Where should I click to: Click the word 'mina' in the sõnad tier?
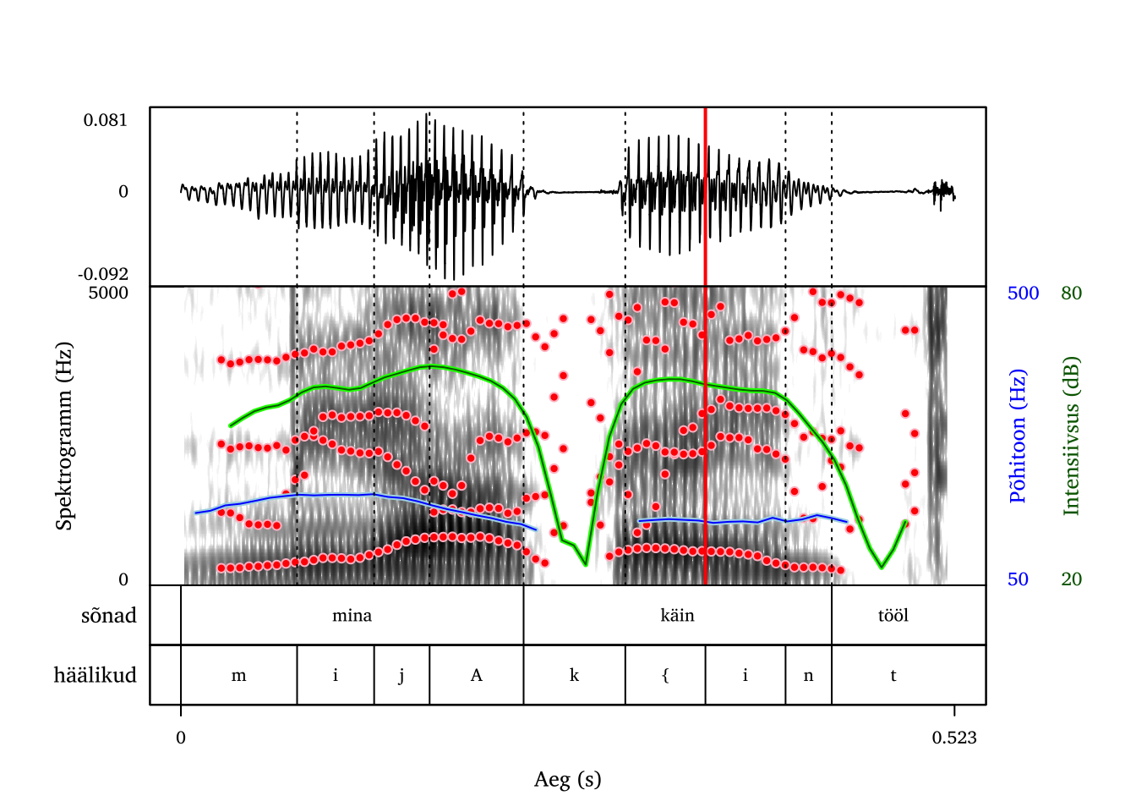tap(352, 616)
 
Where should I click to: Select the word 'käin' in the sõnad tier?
tap(677, 616)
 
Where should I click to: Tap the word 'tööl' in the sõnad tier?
tap(893, 616)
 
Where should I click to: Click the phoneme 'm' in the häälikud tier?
tap(238, 676)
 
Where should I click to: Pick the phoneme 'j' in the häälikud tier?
tap(401, 676)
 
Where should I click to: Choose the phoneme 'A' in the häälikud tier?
tap(476, 676)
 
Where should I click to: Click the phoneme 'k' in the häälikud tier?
tap(574, 676)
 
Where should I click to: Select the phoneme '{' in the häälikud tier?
tap(665, 676)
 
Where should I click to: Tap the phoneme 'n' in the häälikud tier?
tap(808, 676)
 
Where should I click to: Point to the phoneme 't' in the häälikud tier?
tap(893, 676)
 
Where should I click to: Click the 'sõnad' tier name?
tap(109, 616)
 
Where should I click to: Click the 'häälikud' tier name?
tap(95, 676)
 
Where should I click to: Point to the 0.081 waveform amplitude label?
tap(106, 120)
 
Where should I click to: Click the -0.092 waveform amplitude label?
tap(103, 274)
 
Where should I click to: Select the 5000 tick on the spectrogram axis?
tap(108, 294)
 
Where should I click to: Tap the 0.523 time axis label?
tap(954, 738)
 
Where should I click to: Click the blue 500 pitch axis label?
tap(1023, 294)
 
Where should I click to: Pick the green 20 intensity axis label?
tap(1071, 579)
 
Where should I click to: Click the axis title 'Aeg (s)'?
tap(567, 780)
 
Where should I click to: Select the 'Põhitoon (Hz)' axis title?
tap(1018, 436)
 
